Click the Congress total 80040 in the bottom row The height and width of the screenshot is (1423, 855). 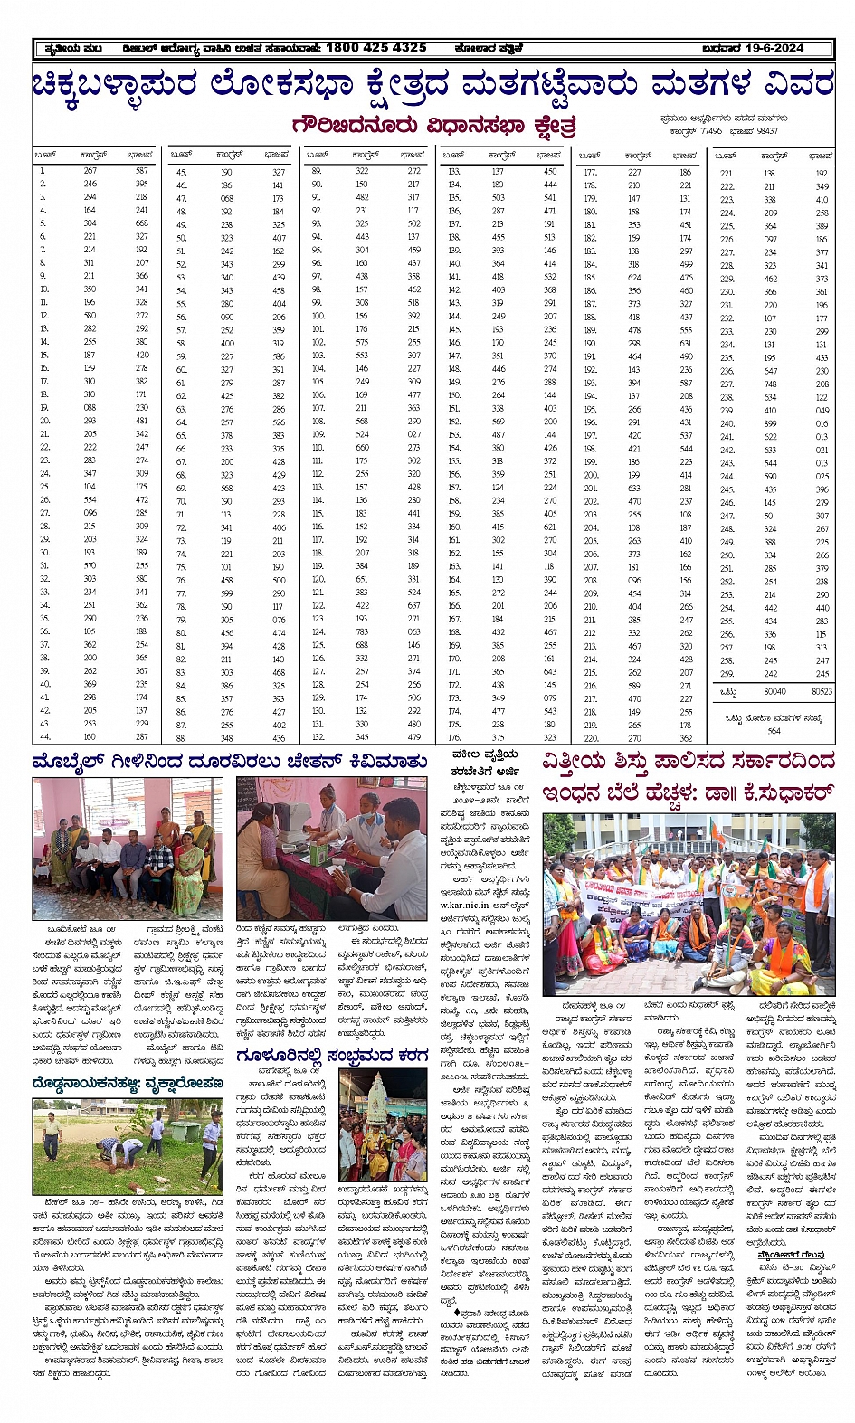(x=774, y=691)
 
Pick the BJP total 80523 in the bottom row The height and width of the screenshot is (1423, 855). (x=821, y=691)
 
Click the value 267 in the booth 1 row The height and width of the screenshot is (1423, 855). (x=90, y=170)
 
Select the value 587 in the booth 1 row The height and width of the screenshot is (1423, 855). (x=142, y=170)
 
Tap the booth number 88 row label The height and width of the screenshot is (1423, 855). (x=181, y=738)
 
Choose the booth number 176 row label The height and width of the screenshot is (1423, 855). (x=454, y=737)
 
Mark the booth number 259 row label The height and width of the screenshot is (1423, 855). (x=726, y=674)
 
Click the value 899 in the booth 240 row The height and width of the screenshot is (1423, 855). (x=770, y=423)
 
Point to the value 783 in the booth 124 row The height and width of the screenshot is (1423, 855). (x=362, y=632)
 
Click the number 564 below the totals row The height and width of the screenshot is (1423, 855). (x=774, y=731)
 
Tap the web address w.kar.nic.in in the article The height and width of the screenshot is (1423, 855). (x=464, y=906)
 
